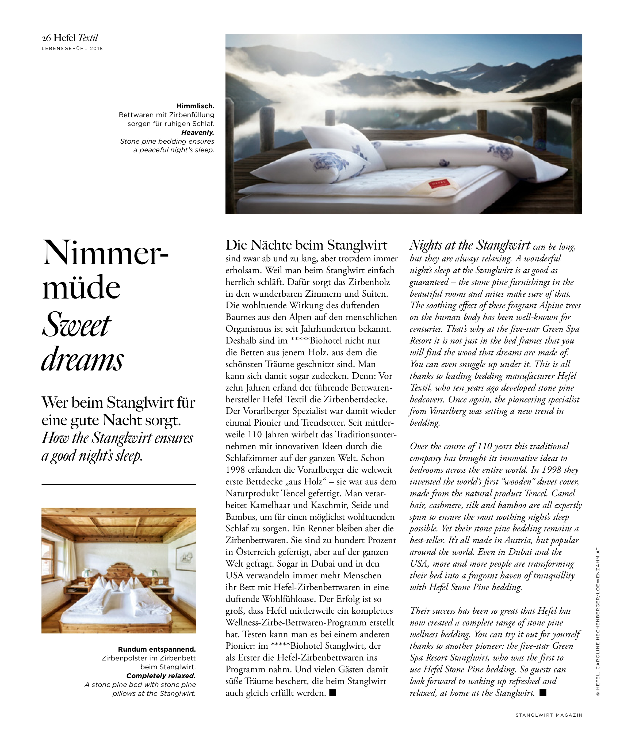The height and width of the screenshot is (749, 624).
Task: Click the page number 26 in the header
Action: point(46,38)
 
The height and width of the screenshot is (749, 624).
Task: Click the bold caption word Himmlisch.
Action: point(196,106)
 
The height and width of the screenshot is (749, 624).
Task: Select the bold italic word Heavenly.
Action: point(198,132)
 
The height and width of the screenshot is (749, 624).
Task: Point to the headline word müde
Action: point(81,287)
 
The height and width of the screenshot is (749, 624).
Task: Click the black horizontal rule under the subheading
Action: point(118,484)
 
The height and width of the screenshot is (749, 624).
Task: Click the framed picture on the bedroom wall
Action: point(186,557)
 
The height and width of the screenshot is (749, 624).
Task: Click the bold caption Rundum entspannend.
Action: point(157,649)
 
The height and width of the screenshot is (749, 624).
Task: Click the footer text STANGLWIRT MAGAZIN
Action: point(549,715)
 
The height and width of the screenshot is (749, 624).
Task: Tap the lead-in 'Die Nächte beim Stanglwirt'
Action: point(306,245)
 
